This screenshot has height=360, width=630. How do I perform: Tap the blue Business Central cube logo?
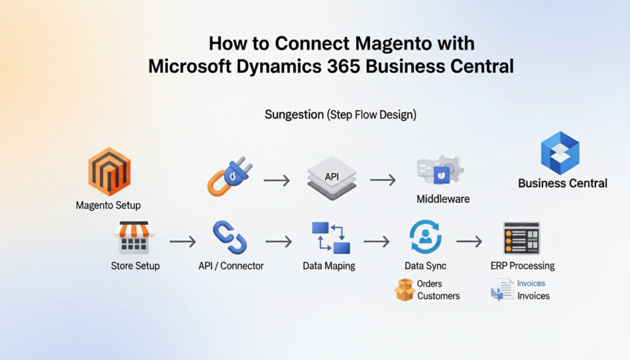(x=560, y=153)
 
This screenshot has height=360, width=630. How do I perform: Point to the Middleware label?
(x=442, y=199)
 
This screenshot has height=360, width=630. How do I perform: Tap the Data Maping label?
(x=329, y=266)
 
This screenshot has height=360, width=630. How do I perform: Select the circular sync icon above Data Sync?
(x=425, y=238)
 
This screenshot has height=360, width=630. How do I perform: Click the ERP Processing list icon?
(x=521, y=238)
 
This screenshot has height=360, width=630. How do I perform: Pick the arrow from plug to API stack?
(x=277, y=180)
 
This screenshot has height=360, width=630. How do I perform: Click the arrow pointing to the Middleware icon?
(x=383, y=180)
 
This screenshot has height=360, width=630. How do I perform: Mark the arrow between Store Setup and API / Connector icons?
(x=183, y=242)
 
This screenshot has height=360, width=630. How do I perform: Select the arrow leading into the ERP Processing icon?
(x=469, y=242)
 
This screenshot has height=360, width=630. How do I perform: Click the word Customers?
(x=438, y=296)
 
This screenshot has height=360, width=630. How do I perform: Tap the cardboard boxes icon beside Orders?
(x=404, y=290)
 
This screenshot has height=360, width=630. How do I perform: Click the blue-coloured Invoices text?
(x=531, y=283)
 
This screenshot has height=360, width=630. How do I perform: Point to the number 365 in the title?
(x=339, y=66)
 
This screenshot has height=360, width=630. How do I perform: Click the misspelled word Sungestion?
(x=295, y=114)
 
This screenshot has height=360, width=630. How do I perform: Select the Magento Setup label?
(x=108, y=206)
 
